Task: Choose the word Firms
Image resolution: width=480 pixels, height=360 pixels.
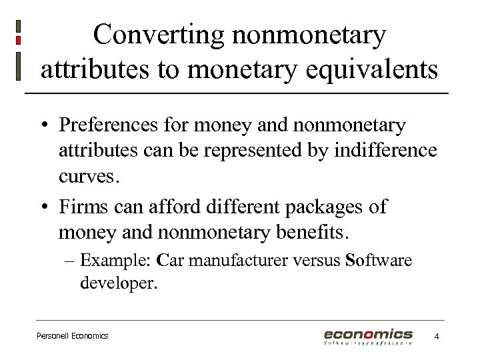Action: coord(83,207)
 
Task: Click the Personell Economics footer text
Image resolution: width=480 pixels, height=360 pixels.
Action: coord(72,336)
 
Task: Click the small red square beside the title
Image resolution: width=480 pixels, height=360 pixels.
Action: coord(18,41)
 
